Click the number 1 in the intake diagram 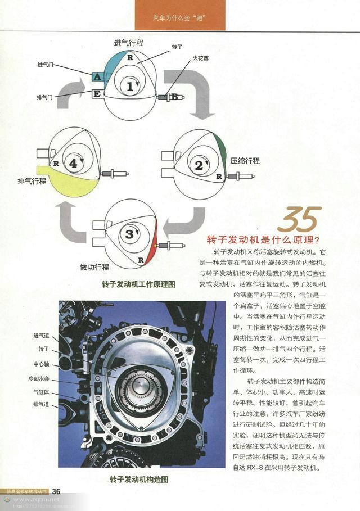[x=130, y=87]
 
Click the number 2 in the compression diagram [x=199, y=165]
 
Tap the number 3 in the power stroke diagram [x=130, y=233]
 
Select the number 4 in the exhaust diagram [x=73, y=165]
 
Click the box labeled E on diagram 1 [x=97, y=93]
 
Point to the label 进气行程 [x=128, y=43]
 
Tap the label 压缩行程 [x=245, y=161]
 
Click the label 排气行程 [x=32, y=182]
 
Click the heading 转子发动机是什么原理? [x=263, y=239]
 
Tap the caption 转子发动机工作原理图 [x=138, y=284]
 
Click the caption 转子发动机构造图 [x=139, y=480]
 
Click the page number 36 [x=56, y=491]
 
